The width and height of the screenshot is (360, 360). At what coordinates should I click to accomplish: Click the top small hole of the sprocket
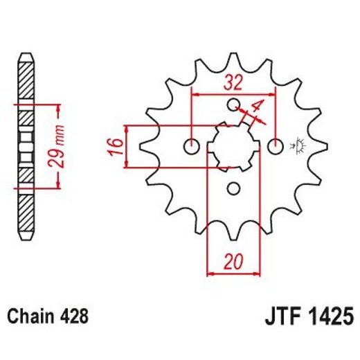click(x=234, y=105)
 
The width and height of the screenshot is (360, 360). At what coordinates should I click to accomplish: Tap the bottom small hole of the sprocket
click(x=234, y=188)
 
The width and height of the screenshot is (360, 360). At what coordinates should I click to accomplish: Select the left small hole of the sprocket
click(x=192, y=146)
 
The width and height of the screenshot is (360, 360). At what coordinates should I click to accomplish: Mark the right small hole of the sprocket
click(x=276, y=146)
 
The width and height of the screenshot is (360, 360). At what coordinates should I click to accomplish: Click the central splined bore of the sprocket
click(x=233, y=145)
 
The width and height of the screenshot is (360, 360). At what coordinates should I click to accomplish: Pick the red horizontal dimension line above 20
click(x=233, y=274)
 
